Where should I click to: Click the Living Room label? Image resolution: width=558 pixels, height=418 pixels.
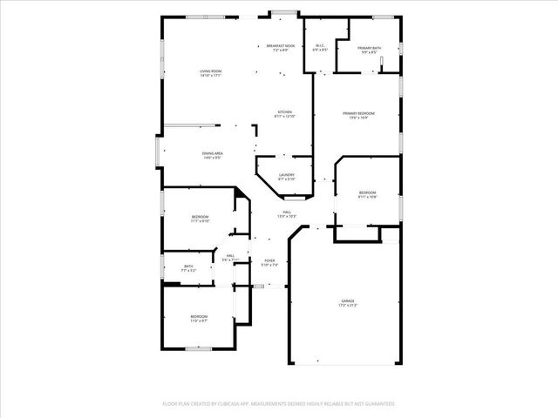pyautogui.click(x=210, y=71)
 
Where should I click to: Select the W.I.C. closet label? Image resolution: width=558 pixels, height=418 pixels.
pyautogui.click(x=320, y=47)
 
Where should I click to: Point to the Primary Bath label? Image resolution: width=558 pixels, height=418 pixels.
pyautogui.click(x=369, y=48)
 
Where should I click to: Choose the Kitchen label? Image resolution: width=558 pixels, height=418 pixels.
pyautogui.click(x=285, y=111)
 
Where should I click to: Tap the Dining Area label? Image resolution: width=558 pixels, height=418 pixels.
pyautogui.click(x=212, y=153)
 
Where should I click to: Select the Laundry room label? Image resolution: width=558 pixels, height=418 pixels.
pyautogui.click(x=286, y=174)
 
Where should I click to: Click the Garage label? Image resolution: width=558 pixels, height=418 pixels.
pyautogui.click(x=348, y=301)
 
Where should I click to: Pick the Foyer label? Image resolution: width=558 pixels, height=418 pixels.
pyautogui.click(x=269, y=260)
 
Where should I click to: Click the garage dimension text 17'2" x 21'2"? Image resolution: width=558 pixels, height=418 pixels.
pyautogui.click(x=348, y=306)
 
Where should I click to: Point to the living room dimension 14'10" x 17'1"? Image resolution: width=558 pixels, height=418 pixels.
pyautogui.click(x=210, y=76)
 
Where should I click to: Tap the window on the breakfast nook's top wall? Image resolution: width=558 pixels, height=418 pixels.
pyautogui.click(x=281, y=13)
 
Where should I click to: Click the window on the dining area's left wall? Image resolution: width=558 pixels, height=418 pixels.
pyautogui.click(x=157, y=153)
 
